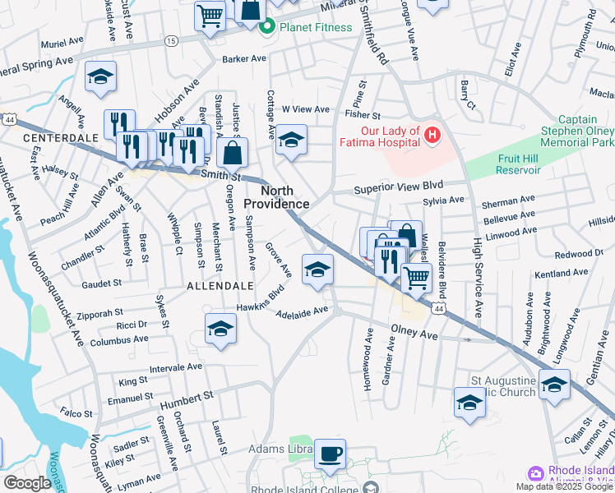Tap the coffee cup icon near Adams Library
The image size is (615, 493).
coord(331,454)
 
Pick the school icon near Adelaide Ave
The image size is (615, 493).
coord(317,270)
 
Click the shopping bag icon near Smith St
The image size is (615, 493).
coord(234,152)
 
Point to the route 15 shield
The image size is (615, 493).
coord(170,40)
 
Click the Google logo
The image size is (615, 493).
coord(27,483)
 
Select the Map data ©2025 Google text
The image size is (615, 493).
coord(564,486)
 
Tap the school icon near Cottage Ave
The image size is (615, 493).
coord(290,139)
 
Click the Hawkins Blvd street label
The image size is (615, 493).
coord(264,299)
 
